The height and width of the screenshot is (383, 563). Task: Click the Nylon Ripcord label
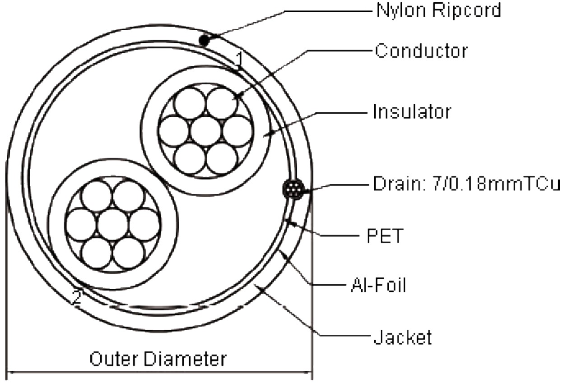click(438, 10)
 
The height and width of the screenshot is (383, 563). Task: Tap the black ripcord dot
click(204, 41)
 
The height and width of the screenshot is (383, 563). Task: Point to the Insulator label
click(412, 111)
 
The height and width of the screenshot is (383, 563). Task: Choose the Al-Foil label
click(378, 285)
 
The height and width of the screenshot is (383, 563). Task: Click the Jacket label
click(402, 337)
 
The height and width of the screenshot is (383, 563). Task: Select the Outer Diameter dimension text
click(158, 360)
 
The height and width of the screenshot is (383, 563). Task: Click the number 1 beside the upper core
click(240, 59)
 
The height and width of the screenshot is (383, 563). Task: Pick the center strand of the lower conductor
click(113, 224)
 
